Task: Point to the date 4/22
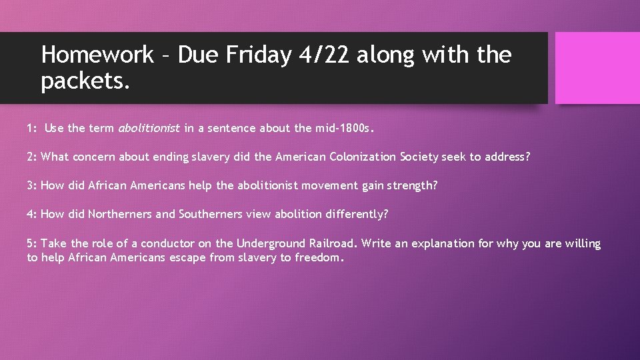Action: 324,55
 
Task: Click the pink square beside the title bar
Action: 597,68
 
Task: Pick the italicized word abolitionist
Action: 149,128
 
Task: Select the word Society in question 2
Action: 421,157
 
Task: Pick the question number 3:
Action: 32,185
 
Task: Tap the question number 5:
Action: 32,243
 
